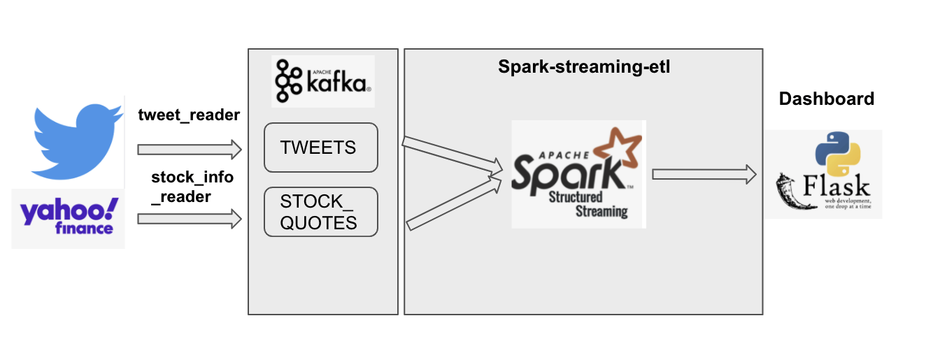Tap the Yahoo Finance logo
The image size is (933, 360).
(69, 216)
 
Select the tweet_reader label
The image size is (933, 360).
(189, 114)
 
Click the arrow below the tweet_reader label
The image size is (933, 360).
(189, 149)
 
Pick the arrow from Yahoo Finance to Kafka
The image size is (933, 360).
(189, 219)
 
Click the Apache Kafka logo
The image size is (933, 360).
(322, 80)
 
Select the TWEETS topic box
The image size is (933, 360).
(320, 147)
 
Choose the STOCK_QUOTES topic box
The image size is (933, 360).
(320, 212)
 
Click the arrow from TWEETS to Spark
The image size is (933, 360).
(452, 155)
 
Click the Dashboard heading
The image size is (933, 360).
(826, 99)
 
